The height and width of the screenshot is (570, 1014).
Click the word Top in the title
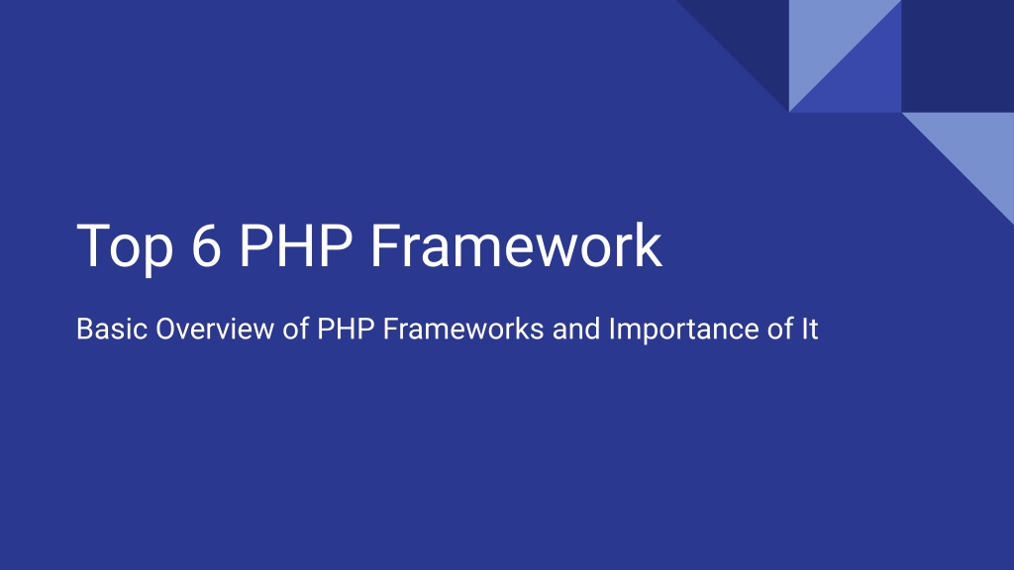[125, 247]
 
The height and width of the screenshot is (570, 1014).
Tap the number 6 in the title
[206, 245]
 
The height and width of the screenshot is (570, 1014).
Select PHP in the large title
[296, 245]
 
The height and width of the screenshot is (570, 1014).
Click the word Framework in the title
[516, 245]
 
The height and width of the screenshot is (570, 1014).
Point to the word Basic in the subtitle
[112, 329]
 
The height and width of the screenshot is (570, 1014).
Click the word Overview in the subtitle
[215, 329]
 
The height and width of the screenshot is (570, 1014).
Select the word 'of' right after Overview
[295, 329]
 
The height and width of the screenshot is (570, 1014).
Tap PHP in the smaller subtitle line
[346, 329]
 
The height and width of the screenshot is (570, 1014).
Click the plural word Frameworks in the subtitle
[463, 329]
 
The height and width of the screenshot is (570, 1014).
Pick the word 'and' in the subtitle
[576, 329]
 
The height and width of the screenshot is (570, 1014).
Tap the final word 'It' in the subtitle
[810, 329]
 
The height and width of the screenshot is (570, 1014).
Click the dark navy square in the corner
[958, 56]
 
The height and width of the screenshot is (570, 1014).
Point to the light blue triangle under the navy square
[976, 150]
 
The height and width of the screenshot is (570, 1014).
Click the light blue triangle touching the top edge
[827, 38]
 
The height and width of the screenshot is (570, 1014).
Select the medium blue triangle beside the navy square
[863, 75]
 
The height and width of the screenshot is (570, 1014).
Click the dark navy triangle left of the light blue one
[752, 38]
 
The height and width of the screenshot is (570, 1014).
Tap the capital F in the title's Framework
[385, 245]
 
